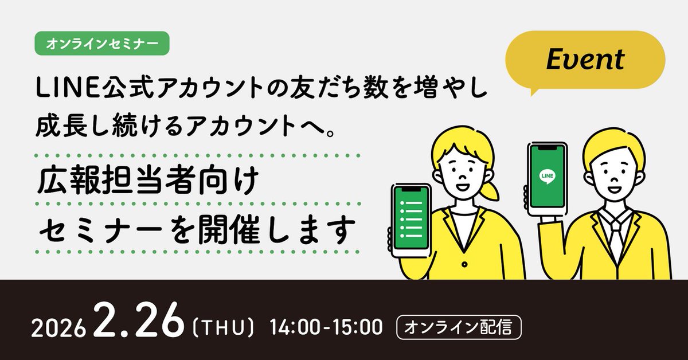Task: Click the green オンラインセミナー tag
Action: pos(102,42)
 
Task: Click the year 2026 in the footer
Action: pos(60,330)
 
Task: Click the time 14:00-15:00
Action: pos(329,328)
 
